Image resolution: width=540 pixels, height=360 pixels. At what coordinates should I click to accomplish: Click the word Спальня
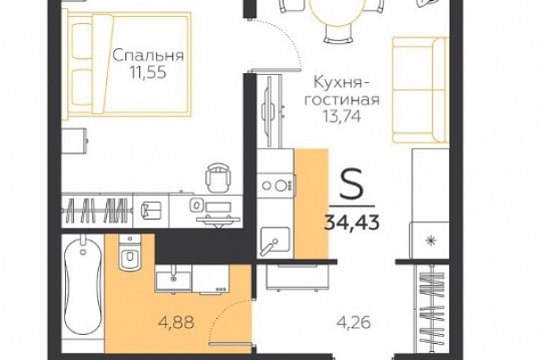(x=148, y=56)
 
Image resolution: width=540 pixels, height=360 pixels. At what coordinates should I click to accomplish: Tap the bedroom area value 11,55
(x=148, y=72)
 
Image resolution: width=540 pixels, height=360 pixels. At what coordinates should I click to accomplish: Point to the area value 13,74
(x=342, y=116)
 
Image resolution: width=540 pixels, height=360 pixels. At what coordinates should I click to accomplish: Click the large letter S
(x=352, y=184)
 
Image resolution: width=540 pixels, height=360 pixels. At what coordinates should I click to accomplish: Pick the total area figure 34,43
(x=352, y=222)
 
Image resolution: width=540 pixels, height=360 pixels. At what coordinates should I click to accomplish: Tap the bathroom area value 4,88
(x=176, y=322)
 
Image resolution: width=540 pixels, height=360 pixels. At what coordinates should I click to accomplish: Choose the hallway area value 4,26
(x=353, y=323)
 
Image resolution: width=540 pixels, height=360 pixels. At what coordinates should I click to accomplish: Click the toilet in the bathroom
(x=129, y=252)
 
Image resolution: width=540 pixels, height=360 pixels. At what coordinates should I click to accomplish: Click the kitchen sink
(x=275, y=241)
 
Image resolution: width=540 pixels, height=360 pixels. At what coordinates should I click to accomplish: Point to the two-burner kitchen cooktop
(x=276, y=186)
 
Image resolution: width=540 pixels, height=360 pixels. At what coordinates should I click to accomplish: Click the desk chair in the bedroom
(x=218, y=178)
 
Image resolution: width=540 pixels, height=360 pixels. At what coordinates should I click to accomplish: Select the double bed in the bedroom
(x=129, y=64)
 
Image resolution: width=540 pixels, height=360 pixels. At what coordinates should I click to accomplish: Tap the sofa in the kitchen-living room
(x=420, y=90)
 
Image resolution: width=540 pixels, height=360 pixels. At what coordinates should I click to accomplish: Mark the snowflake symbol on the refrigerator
(x=429, y=240)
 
